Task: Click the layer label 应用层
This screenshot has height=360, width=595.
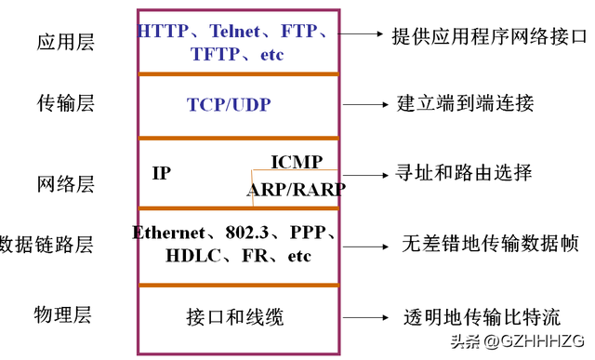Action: pyautogui.click(x=66, y=42)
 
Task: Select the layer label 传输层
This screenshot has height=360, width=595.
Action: pyautogui.click(x=66, y=102)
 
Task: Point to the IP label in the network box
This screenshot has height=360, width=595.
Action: pyautogui.click(x=162, y=173)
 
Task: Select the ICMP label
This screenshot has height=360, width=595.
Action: pyautogui.click(x=297, y=162)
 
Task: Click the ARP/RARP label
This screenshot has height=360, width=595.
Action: pyautogui.click(x=296, y=190)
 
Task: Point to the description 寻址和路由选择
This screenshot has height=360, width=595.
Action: pyautogui.click(x=464, y=173)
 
